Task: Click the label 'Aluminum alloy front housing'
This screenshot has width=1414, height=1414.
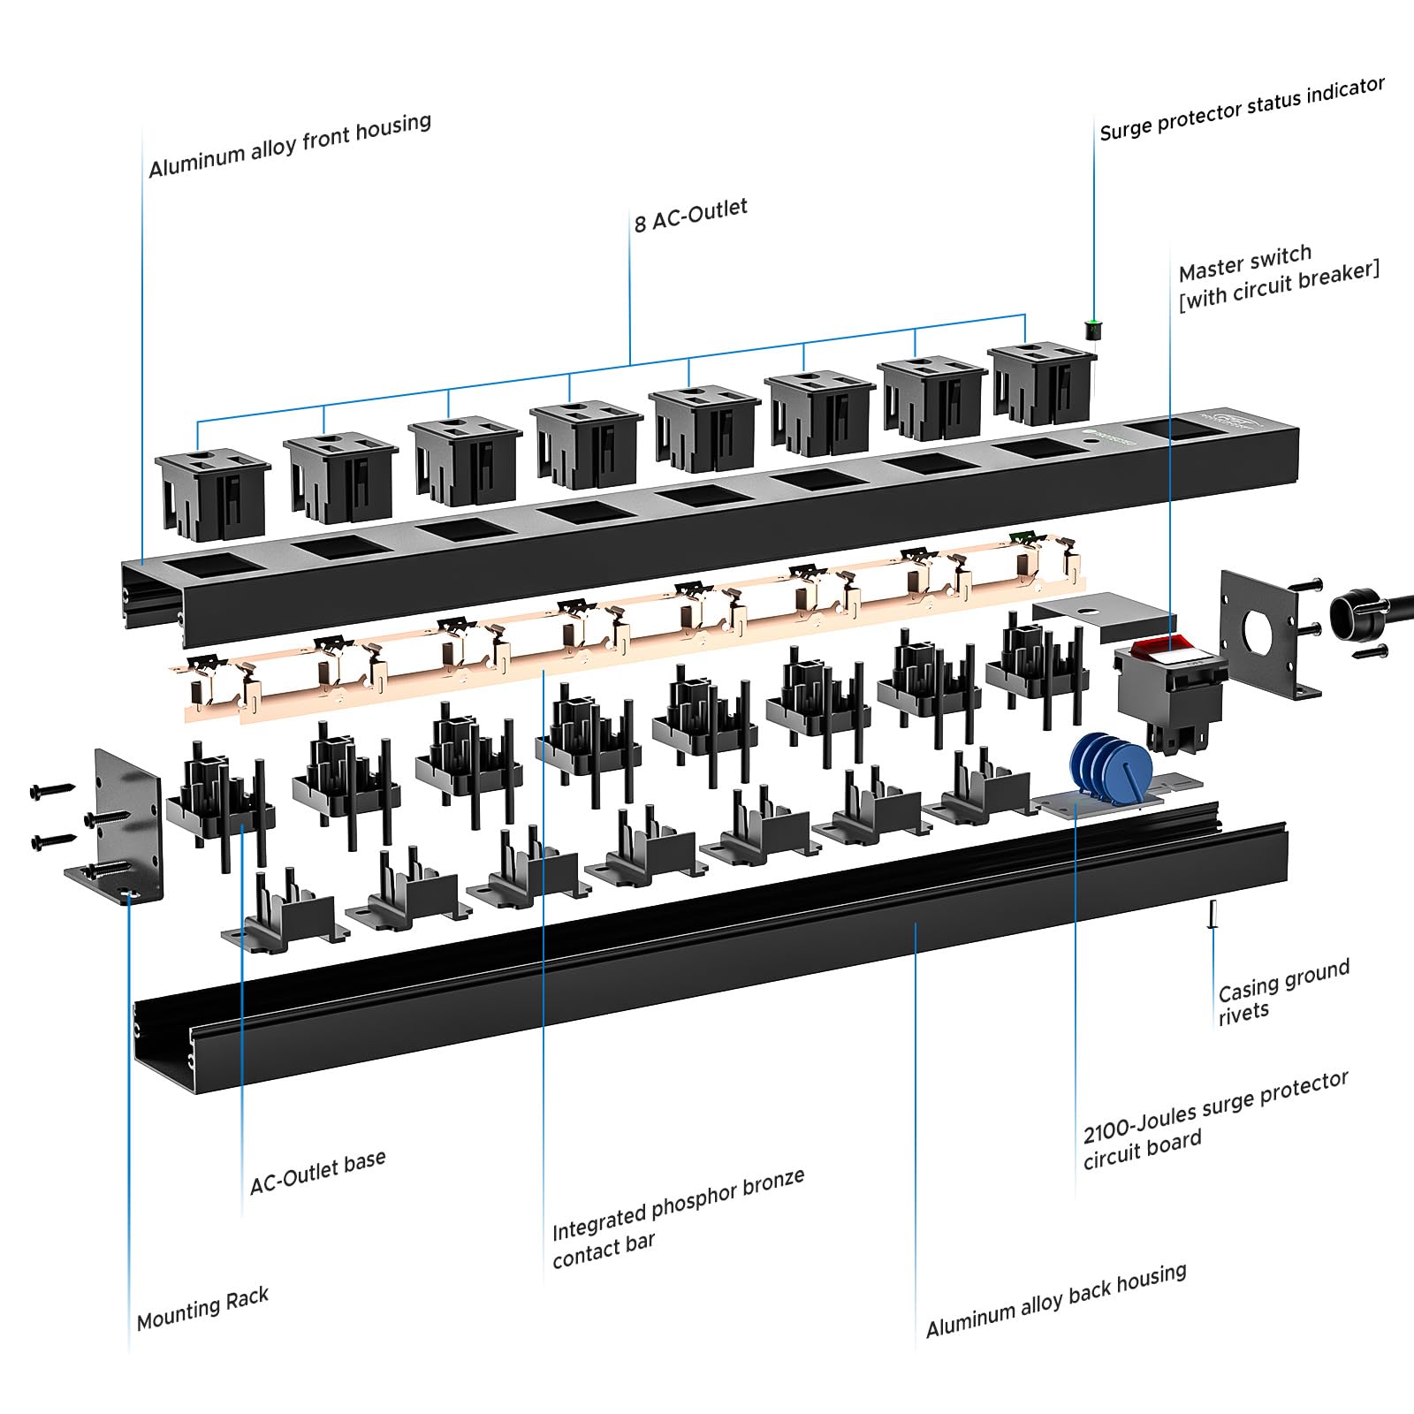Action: click(x=290, y=146)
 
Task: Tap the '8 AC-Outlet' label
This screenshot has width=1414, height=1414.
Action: click(x=690, y=215)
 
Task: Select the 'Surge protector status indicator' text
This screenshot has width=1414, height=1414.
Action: click(x=1242, y=110)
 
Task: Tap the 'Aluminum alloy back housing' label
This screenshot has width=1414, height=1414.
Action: click(x=1056, y=1300)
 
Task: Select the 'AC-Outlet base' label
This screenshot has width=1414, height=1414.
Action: click(x=317, y=1172)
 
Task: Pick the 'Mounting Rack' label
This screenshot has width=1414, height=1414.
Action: click(x=202, y=1309)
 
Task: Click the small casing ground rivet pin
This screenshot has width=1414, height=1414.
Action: click(x=1213, y=914)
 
